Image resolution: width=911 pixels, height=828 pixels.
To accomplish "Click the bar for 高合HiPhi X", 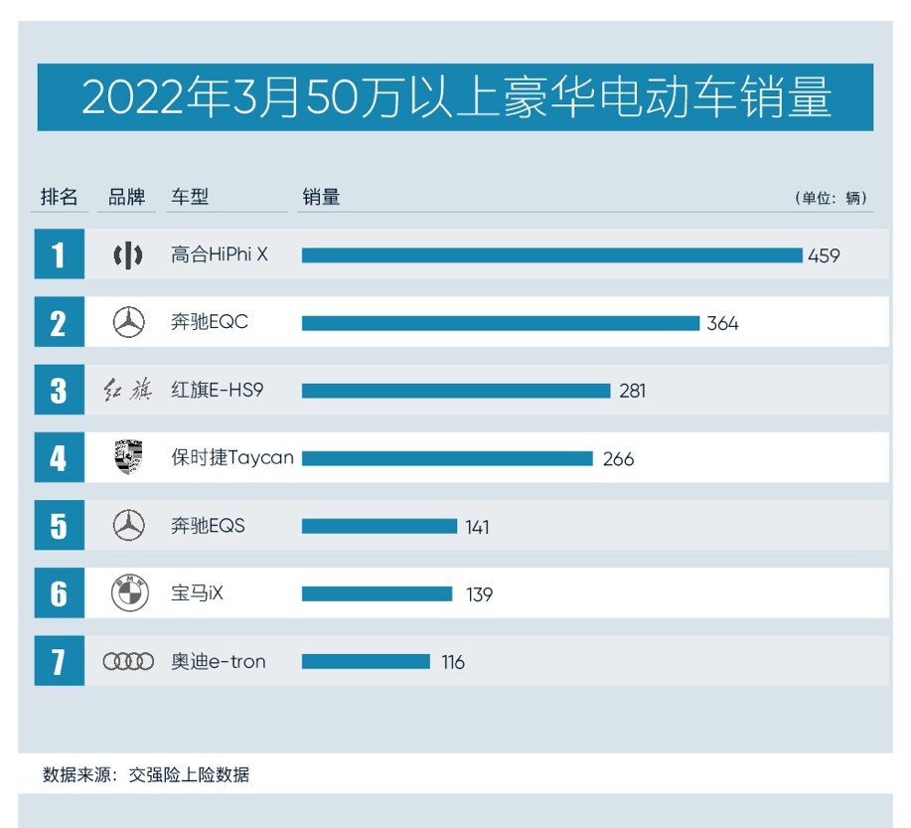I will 551,255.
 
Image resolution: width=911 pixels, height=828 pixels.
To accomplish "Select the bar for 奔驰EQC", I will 501,323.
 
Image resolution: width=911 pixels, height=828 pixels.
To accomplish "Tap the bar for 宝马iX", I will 377,593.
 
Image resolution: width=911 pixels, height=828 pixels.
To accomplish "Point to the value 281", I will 633,391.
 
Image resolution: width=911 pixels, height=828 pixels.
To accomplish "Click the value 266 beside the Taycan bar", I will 618,458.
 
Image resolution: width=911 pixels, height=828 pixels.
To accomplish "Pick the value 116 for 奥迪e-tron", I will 453,662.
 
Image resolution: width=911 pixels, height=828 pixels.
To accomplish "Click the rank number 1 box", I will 59,255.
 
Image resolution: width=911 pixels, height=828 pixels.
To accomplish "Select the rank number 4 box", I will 59,458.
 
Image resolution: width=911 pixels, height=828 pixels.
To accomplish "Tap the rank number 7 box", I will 59,662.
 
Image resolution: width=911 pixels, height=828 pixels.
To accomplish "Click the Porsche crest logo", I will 129,458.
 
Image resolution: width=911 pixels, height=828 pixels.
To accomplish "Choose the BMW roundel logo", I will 129,593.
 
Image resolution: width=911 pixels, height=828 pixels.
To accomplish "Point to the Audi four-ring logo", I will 129,662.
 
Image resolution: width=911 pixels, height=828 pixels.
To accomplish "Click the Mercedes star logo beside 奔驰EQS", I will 129,526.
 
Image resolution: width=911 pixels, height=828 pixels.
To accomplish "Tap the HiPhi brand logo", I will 129,255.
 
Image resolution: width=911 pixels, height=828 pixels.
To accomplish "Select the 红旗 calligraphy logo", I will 129,391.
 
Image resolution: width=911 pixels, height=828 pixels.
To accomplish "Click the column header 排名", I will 59,197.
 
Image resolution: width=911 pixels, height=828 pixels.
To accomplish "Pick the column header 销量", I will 321,197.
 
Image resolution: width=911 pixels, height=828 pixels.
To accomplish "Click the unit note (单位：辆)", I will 832,198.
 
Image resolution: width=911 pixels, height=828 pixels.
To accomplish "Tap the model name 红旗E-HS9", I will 217,391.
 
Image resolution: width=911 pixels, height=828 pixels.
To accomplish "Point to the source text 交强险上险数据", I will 189,775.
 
